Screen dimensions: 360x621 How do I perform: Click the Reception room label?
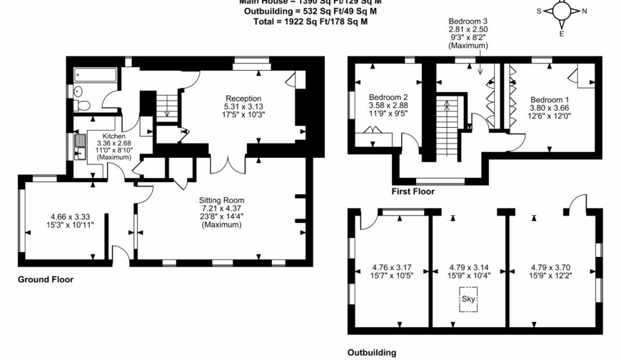tap(243, 99)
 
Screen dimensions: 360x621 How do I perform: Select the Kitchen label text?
tap(114, 136)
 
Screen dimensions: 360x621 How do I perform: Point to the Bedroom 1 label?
tap(550, 100)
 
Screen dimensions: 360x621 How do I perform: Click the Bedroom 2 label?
tap(388, 97)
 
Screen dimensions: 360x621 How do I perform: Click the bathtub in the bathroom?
tap(94, 74)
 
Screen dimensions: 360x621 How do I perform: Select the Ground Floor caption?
tap(45, 279)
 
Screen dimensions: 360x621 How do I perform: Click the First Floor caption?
tap(413, 191)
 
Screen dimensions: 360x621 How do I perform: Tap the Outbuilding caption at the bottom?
tap(371, 352)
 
